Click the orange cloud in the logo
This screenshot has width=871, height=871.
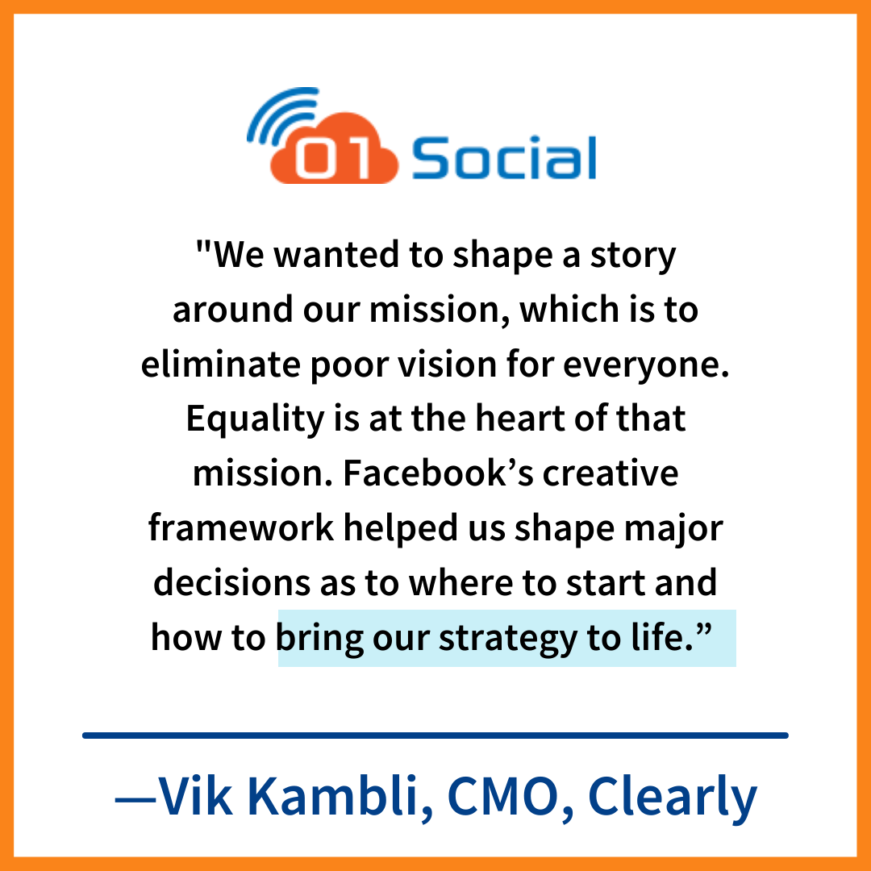coord(334,149)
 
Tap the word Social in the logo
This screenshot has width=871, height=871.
coord(504,158)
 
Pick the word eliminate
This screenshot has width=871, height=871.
coord(220,365)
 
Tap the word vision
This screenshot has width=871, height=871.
coord(447,365)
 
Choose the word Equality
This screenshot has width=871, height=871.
coord(255,420)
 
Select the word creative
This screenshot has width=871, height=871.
coord(611,473)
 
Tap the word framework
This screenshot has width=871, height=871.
coord(241,527)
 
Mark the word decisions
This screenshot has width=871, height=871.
coord(231,583)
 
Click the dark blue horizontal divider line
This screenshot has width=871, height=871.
coord(435,736)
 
